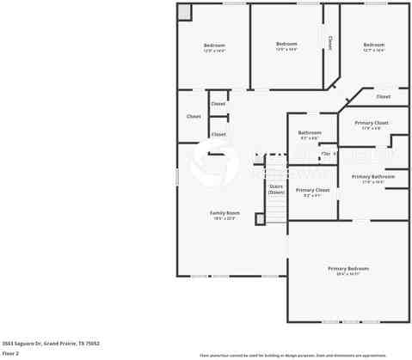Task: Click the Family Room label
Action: coord(224,213)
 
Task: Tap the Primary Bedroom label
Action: coord(347,269)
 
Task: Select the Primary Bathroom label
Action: coord(372,177)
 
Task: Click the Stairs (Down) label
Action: coord(276,189)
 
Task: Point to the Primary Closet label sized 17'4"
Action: coord(372,123)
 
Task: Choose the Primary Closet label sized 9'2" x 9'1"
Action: coord(312,190)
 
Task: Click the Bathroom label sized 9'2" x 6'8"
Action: coord(310,132)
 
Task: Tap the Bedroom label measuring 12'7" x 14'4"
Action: coord(373,45)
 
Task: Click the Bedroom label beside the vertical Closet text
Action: coord(286,44)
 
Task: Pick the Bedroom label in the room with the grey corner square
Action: coord(214,45)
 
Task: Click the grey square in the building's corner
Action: coord(185,11)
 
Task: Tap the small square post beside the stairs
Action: coord(261,219)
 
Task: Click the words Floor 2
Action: coord(10,353)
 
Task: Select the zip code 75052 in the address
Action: coord(92,343)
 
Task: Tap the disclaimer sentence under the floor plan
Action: coord(292,355)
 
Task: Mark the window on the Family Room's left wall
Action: coord(177,176)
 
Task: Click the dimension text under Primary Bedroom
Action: coord(347,274)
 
